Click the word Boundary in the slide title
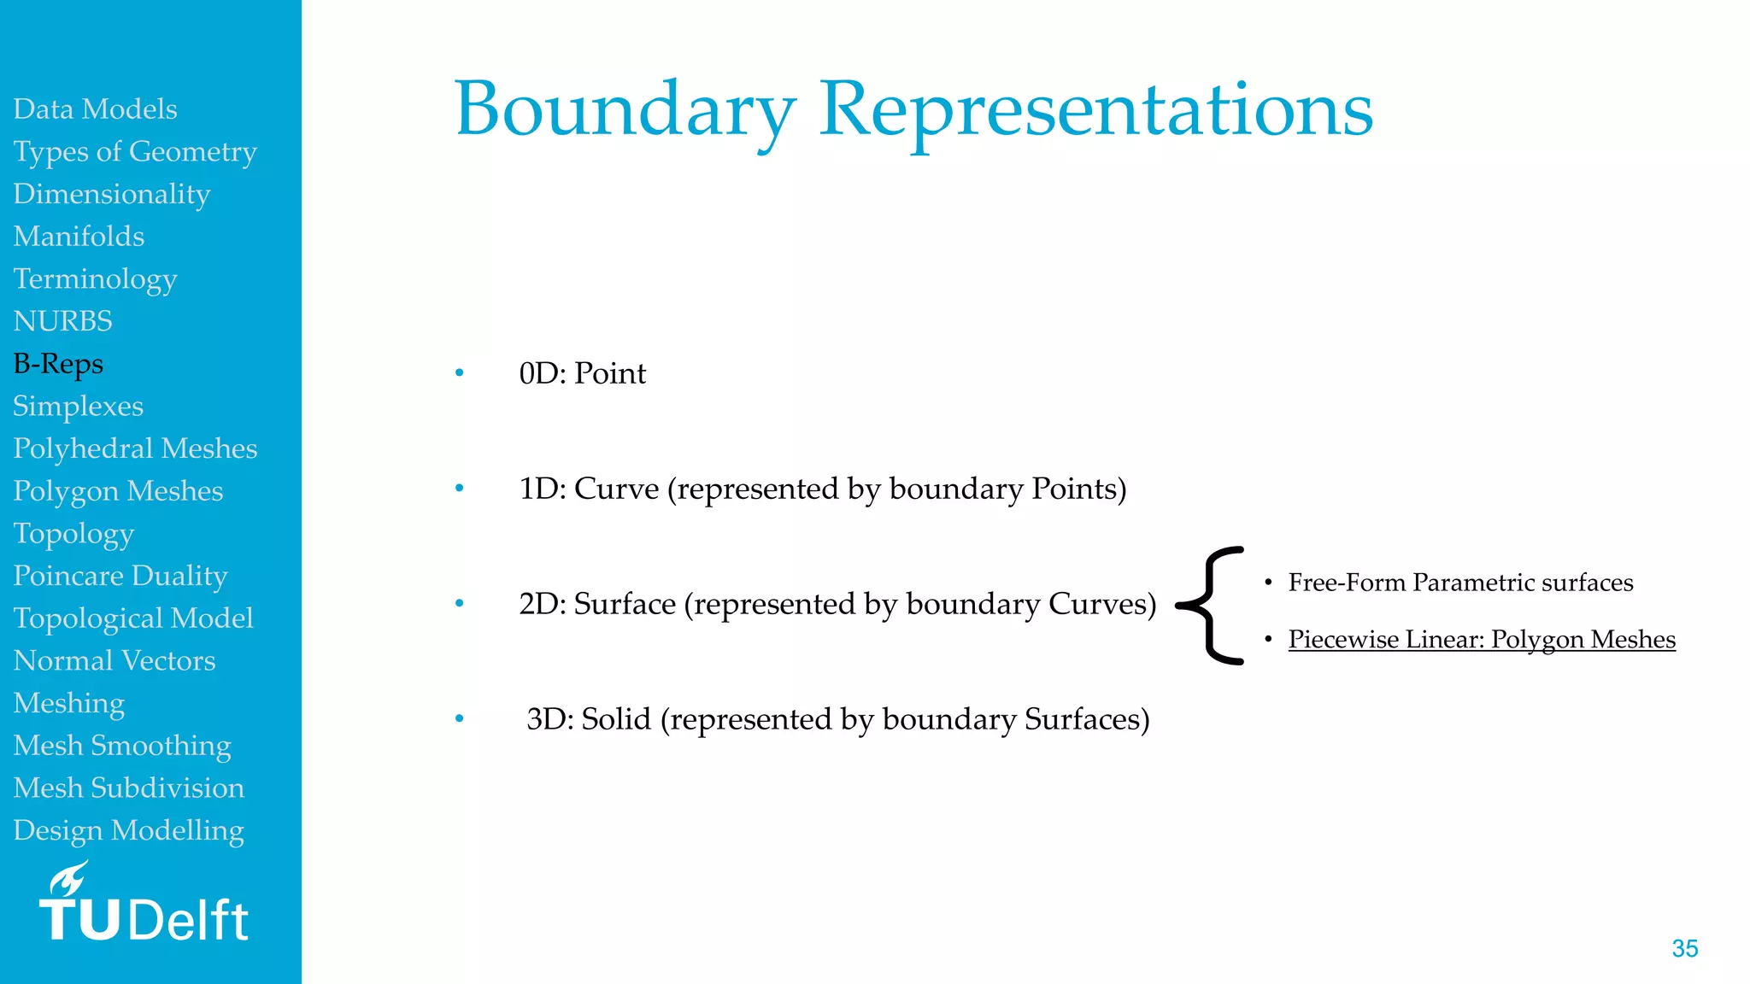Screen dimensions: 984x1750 coord(625,109)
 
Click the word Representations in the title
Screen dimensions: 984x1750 coord(1096,109)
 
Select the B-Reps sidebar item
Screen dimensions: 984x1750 coord(58,364)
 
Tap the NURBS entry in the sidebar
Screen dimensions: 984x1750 coord(62,321)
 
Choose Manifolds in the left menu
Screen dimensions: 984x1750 coord(79,237)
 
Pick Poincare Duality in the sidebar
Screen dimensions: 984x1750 coord(120,576)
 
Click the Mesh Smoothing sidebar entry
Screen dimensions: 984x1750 coord(122,746)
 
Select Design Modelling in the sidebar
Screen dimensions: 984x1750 coord(128,830)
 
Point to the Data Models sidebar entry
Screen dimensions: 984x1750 coord(95,109)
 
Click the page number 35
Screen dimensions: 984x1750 coord(1684,948)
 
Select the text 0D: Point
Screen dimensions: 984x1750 coord(582,373)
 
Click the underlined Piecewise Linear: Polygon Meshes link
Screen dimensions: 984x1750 coord(1482,640)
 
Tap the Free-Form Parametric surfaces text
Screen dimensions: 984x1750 coord(1460,583)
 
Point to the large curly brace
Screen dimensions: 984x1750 coord(1212,606)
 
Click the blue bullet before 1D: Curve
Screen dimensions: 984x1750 coord(460,489)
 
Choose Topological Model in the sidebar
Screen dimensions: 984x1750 coord(133,618)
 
